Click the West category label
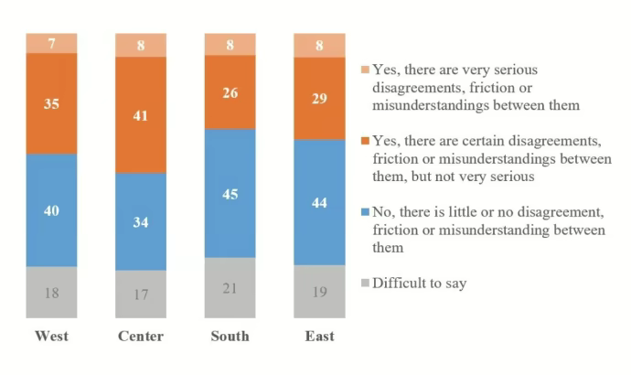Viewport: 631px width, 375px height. click(51, 337)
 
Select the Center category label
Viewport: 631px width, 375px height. click(141, 337)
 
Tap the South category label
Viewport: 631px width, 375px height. click(230, 337)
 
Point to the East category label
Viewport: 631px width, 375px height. click(319, 337)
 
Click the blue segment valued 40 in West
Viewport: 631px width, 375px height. click(51, 209)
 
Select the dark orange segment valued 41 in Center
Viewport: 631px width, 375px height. click(141, 114)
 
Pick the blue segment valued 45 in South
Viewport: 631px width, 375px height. click(230, 193)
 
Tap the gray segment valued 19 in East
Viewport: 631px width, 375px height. click(319, 291)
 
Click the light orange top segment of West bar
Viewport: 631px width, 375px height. click(51, 43)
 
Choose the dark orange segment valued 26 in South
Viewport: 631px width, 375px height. click(230, 91)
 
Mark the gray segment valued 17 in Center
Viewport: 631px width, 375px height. click(141, 294)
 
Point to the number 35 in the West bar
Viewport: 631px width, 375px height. click(51, 103)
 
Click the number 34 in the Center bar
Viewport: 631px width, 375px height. click(141, 221)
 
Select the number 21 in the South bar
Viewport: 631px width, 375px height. click(230, 288)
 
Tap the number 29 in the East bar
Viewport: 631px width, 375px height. click(319, 97)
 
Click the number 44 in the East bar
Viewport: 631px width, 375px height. click(319, 202)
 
